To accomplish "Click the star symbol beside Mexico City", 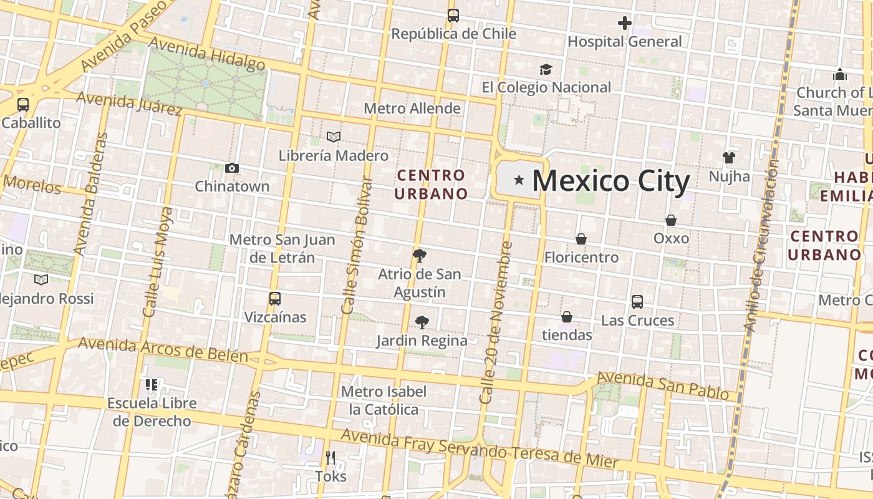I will click(519, 180).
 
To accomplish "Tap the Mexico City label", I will click(610, 181).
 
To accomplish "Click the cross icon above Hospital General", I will click(624, 24).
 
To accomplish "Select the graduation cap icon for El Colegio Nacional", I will click(546, 69).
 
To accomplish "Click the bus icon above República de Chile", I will click(453, 16).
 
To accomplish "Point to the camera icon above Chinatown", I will click(232, 168).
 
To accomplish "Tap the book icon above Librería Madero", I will click(334, 137).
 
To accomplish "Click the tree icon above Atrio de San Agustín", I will click(420, 255).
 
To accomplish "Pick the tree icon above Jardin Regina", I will click(422, 322).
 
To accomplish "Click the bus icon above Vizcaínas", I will click(275, 298).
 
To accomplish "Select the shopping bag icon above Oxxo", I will click(671, 220).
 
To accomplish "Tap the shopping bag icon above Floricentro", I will click(581, 239).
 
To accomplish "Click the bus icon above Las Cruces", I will click(637, 302).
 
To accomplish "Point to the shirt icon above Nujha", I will click(728, 157).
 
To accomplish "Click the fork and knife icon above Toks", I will click(330, 458).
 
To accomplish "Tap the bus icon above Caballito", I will click(23, 104).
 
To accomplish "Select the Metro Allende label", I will click(412, 109).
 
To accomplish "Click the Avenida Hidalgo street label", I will click(208, 54).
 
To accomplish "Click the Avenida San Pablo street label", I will click(663, 385).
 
